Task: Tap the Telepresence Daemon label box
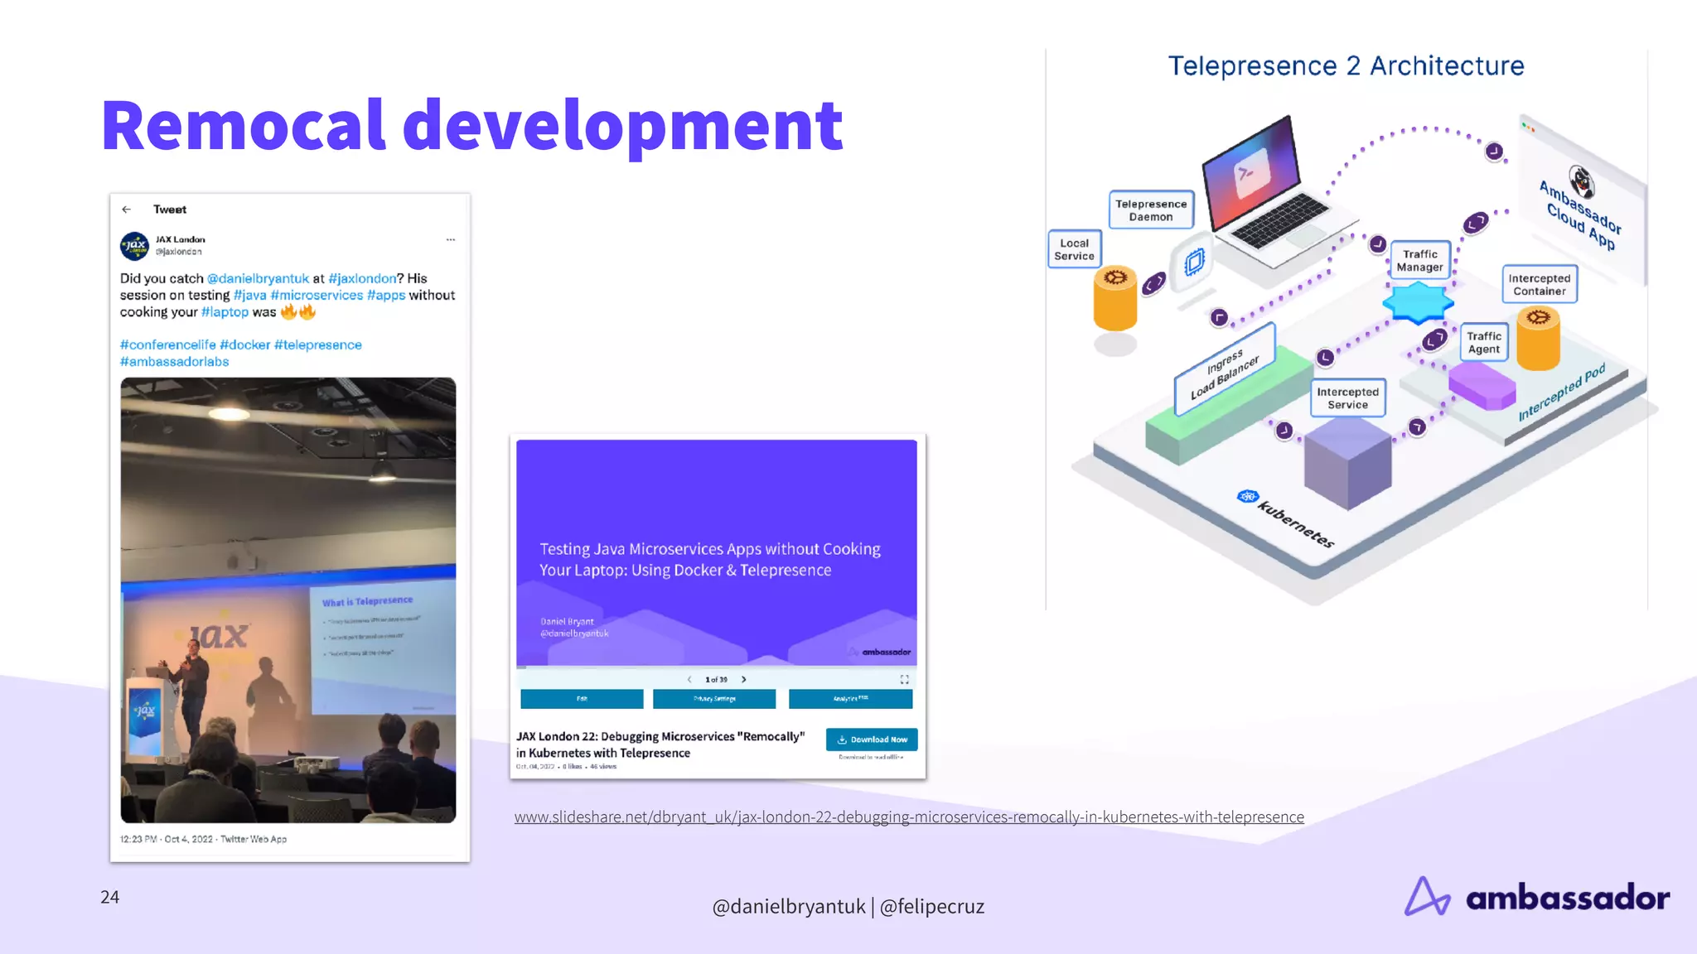click(x=1150, y=210)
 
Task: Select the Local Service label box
click(x=1074, y=249)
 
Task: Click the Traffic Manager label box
click(x=1419, y=261)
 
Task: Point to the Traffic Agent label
click(x=1483, y=342)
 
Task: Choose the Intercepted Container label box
click(x=1539, y=285)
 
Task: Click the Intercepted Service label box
click(x=1347, y=398)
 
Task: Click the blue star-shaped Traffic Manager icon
click(x=1418, y=302)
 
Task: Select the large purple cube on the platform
click(x=1347, y=464)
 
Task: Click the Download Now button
click(x=872, y=740)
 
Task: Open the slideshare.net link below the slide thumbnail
click(x=908, y=817)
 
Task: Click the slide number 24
click(x=109, y=897)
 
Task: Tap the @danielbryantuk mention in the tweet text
click(x=258, y=278)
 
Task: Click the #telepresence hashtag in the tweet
click(x=317, y=344)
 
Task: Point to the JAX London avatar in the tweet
click(x=134, y=246)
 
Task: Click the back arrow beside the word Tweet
click(x=126, y=210)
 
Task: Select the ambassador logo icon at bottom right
click(x=1427, y=897)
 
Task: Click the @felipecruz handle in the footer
click(x=931, y=907)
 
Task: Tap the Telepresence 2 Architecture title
click(x=1346, y=66)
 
